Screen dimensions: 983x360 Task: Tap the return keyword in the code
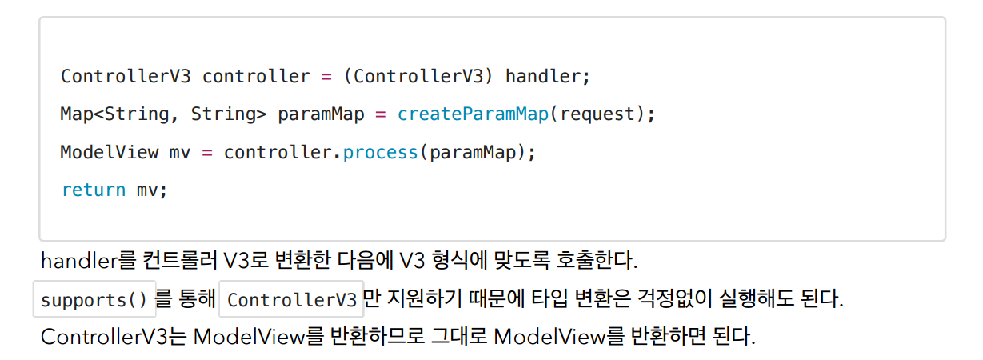94,190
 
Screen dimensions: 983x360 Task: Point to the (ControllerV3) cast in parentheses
418,77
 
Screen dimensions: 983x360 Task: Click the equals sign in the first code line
326,77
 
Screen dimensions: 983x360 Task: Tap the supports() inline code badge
94,300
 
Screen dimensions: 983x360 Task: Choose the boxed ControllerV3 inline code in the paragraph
291,300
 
